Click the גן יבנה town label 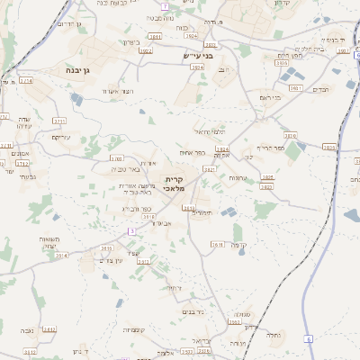(x=75, y=69)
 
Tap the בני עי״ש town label (x=192, y=57)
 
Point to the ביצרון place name (x=130, y=41)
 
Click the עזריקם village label (x=61, y=137)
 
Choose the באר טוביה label (x=129, y=169)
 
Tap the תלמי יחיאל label (x=209, y=132)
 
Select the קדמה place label (x=238, y=245)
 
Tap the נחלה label (x=274, y=334)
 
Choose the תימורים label (x=202, y=212)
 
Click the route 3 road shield (x=131, y=231)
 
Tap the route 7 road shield (x=165, y=6)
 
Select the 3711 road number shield (x=59, y=120)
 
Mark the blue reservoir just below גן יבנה (x=75, y=98)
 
